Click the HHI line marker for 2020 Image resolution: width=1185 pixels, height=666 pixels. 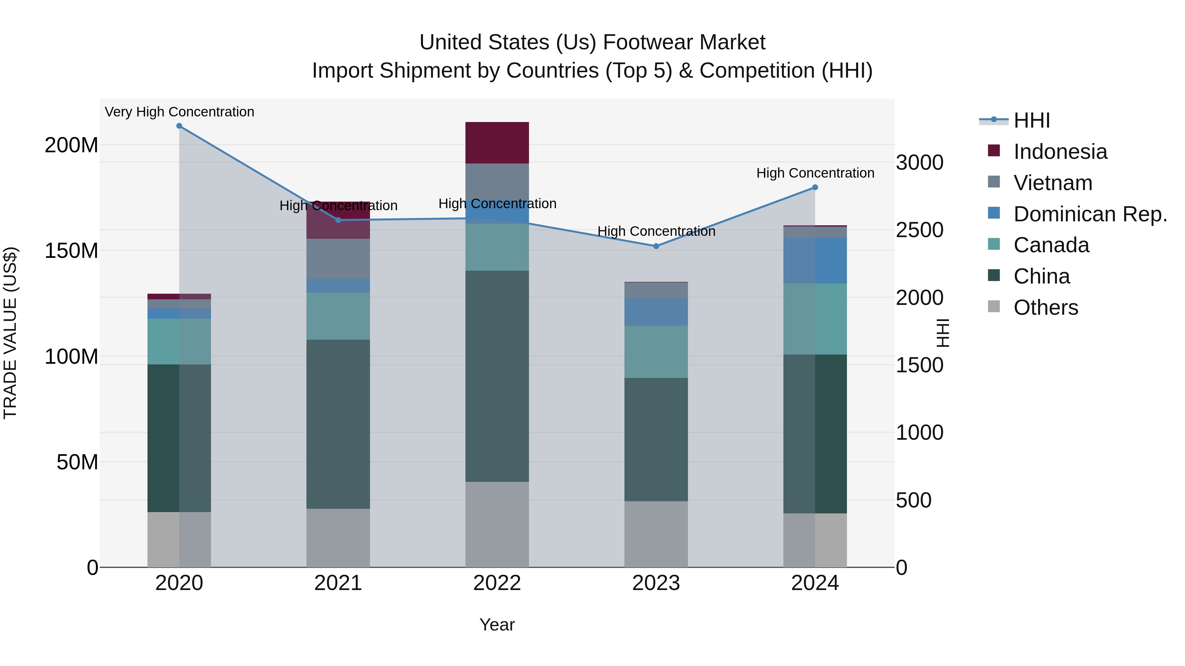click(179, 126)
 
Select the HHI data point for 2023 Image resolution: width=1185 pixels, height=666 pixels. click(656, 246)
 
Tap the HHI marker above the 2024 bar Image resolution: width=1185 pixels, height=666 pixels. click(815, 187)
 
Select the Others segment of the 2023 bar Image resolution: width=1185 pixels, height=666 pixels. click(656, 534)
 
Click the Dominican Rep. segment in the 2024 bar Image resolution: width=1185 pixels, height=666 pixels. click(815, 260)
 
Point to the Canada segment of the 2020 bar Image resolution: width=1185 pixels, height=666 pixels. click(179, 341)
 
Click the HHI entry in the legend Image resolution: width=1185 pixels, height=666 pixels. click(1031, 120)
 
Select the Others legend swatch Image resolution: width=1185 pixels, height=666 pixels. click(994, 307)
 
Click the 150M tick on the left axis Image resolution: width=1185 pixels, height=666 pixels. click(71, 251)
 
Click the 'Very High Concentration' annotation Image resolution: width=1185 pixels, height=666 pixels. click(179, 112)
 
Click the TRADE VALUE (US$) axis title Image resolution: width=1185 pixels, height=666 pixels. click(10, 333)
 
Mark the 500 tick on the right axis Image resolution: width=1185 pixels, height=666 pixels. click(913, 500)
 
